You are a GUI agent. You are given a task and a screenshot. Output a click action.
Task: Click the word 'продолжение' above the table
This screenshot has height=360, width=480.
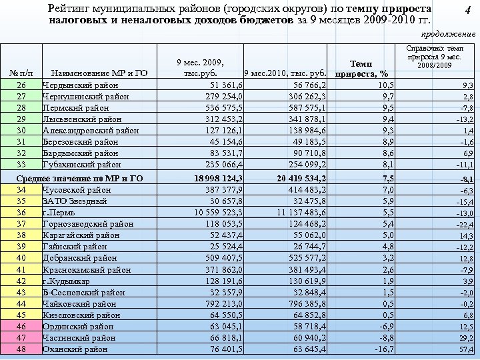[449, 34]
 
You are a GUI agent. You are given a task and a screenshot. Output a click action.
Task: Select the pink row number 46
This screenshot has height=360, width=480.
[21, 326]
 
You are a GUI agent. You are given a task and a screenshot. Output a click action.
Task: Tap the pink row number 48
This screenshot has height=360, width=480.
[21, 349]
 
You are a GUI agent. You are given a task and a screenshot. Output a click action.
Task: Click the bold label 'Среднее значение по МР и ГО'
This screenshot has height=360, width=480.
[80, 178]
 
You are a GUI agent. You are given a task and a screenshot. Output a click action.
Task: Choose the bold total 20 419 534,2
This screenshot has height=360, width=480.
[293, 178]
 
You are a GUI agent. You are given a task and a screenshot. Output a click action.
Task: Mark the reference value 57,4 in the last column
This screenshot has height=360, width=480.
[465, 350]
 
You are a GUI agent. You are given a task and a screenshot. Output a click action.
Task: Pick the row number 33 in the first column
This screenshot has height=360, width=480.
[21, 164]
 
